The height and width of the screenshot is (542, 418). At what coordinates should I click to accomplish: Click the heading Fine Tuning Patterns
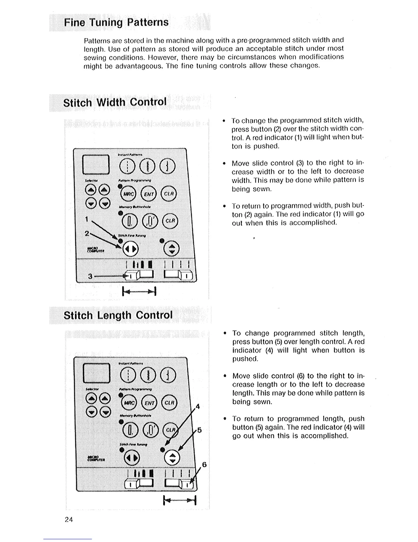click(x=116, y=23)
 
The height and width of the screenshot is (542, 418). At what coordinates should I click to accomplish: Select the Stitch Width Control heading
click(x=115, y=102)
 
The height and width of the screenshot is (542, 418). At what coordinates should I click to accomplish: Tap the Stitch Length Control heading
click(x=118, y=315)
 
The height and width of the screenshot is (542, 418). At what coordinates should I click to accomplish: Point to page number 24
click(x=69, y=519)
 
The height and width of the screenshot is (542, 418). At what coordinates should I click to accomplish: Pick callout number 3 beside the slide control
click(x=90, y=276)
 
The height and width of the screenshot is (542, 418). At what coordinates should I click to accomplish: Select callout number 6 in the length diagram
click(x=204, y=464)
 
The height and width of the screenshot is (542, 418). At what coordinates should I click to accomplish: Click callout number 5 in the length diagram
click(x=199, y=430)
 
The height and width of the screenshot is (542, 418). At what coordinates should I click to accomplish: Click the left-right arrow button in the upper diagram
click(x=131, y=249)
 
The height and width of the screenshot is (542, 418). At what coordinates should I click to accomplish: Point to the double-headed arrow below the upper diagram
click(x=139, y=291)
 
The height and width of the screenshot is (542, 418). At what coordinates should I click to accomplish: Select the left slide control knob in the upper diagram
click(x=132, y=275)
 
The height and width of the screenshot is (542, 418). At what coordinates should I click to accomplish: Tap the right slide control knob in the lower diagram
click(x=187, y=484)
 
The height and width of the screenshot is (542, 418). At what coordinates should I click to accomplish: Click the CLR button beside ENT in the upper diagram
click(x=169, y=194)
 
